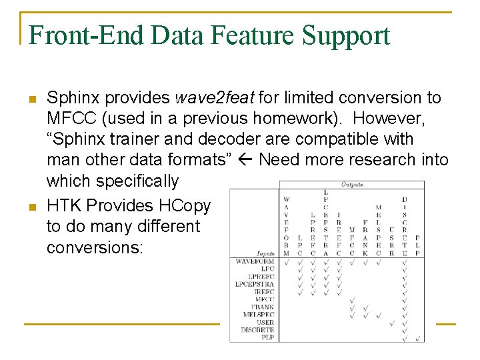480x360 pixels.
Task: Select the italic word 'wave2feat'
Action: (215, 98)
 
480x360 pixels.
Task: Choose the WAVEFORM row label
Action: (255, 261)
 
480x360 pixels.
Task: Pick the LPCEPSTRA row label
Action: (255, 285)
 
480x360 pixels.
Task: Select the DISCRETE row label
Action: (257, 330)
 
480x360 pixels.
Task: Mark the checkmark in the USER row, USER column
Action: (391, 323)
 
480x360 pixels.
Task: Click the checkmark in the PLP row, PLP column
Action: (417, 338)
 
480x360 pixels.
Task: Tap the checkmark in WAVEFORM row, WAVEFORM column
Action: (286, 262)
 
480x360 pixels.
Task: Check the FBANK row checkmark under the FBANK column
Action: (365, 307)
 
